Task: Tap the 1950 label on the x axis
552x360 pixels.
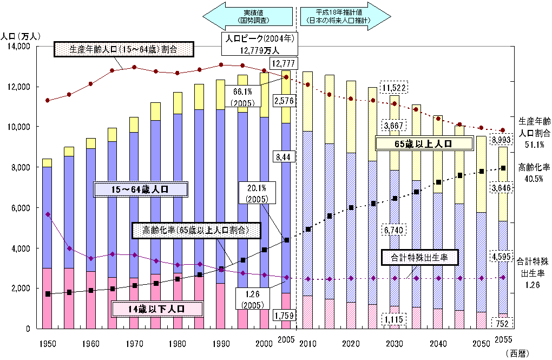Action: [x=48, y=343]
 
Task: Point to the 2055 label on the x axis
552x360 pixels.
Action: [x=503, y=339]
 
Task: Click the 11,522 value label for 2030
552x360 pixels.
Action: [x=395, y=88]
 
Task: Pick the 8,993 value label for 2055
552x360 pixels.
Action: [x=502, y=140]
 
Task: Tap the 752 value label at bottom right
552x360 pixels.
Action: [x=502, y=323]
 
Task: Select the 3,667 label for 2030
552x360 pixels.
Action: [x=395, y=126]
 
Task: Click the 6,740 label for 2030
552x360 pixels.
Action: [x=395, y=230]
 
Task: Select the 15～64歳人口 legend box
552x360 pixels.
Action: [x=141, y=189]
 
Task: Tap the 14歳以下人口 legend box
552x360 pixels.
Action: [x=157, y=309]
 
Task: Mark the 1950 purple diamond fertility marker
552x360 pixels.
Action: [x=48, y=214]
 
